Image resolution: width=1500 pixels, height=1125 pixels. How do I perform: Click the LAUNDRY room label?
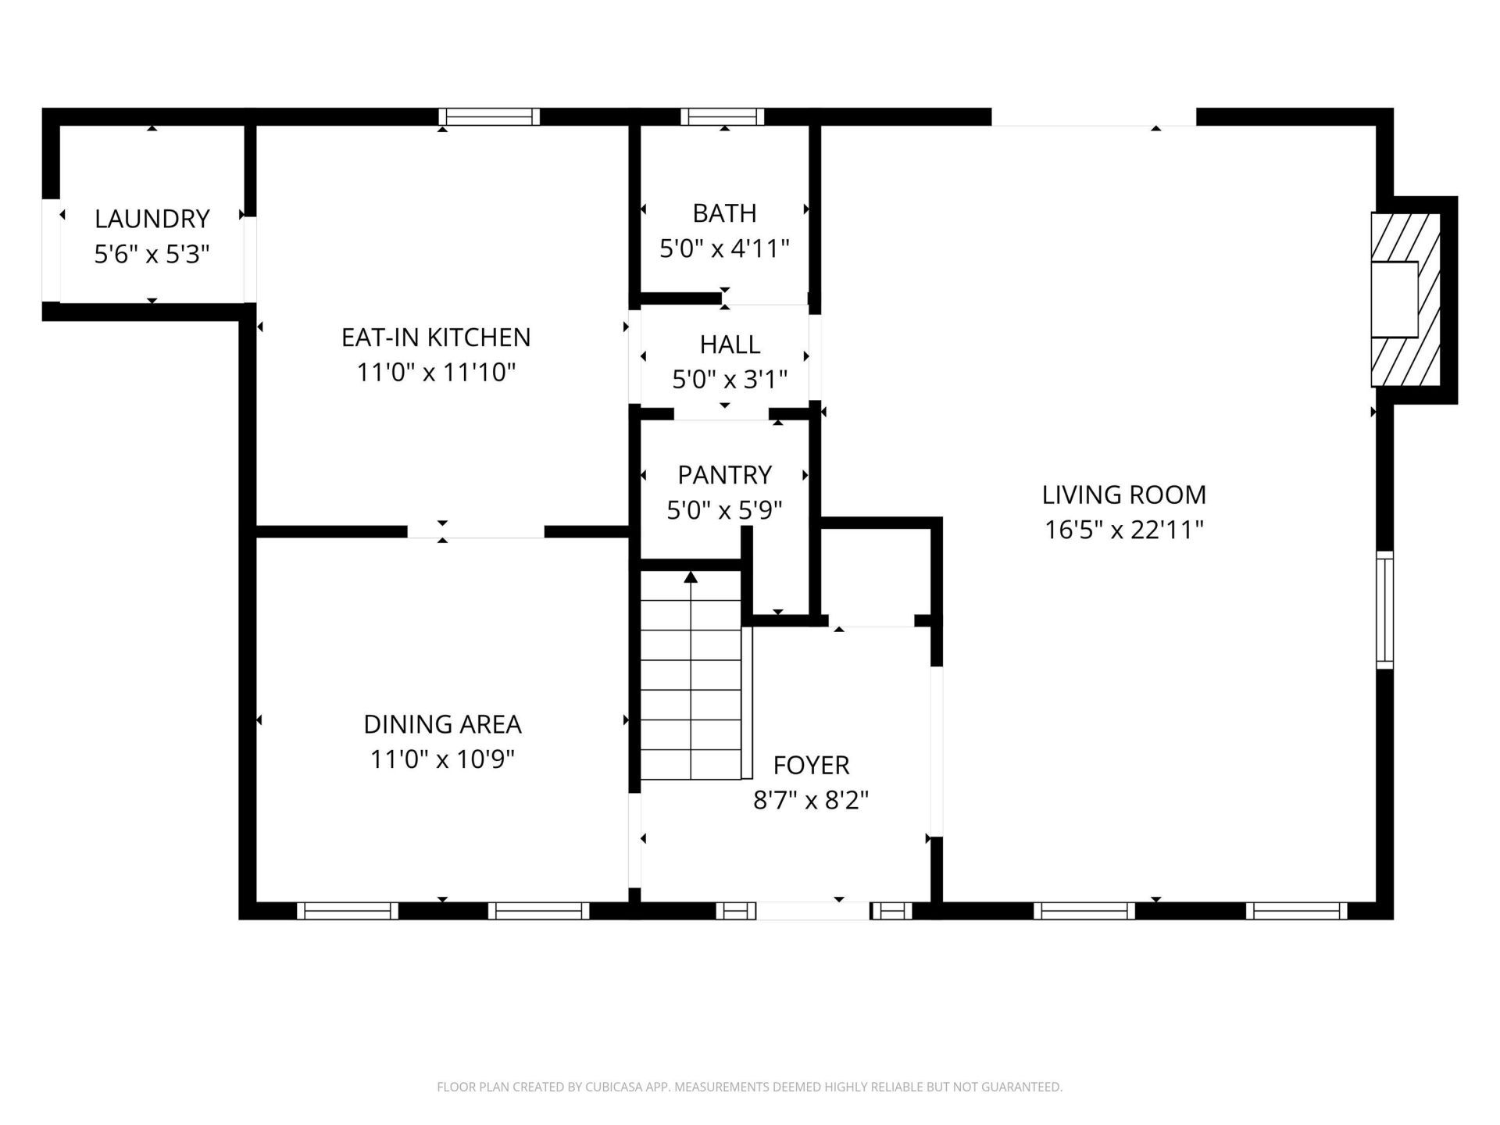coord(152,219)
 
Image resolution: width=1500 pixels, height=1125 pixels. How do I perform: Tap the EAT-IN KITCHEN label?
coord(436,337)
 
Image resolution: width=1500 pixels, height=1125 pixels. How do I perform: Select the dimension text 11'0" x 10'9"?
coord(442,759)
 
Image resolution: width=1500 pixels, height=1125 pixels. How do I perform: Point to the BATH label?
coord(724,212)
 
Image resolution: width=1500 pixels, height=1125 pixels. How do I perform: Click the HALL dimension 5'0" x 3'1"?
coord(730,380)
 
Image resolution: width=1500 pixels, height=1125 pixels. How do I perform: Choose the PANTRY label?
coord(724,474)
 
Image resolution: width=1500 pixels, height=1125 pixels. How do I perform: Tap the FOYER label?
coord(811,764)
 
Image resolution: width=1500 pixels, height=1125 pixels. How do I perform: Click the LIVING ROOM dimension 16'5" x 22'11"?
coord(1123,530)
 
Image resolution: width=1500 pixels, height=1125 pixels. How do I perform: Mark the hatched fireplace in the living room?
coord(1406,299)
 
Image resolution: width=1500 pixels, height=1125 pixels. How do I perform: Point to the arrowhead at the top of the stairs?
coord(691,577)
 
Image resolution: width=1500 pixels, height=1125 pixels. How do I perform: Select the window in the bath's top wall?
coord(722,116)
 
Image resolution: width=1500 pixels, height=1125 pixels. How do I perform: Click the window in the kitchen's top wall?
coord(489,116)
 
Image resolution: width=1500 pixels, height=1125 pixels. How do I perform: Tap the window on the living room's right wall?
coord(1384,609)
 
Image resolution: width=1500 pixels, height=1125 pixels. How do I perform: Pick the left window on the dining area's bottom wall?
coord(348,910)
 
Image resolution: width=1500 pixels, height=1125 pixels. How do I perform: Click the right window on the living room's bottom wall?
coord(1297,910)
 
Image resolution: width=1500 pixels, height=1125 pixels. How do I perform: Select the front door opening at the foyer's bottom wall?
coord(812,910)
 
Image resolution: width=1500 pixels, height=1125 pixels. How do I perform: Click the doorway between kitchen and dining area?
coord(476,532)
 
